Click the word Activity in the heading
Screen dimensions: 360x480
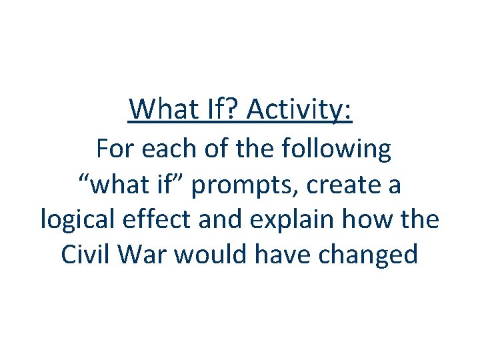[x=299, y=109]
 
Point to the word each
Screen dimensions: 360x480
[x=165, y=149]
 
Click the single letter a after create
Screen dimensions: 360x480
[x=394, y=186]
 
